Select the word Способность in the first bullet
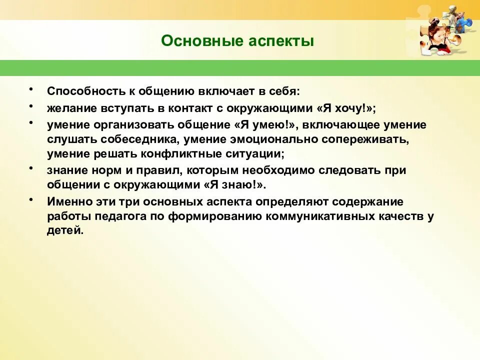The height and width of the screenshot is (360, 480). [x=81, y=91]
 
